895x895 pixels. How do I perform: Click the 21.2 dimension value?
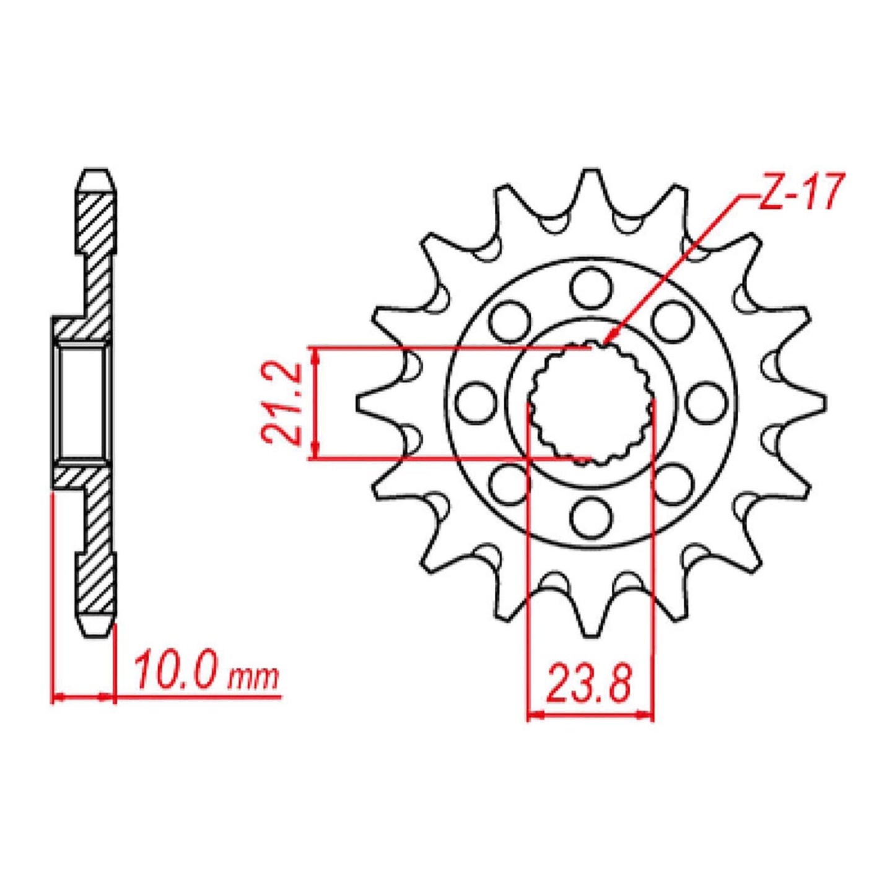pos(282,403)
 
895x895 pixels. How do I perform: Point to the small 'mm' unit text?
pos(253,679)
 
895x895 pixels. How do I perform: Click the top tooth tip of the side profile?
pos(97,174)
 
